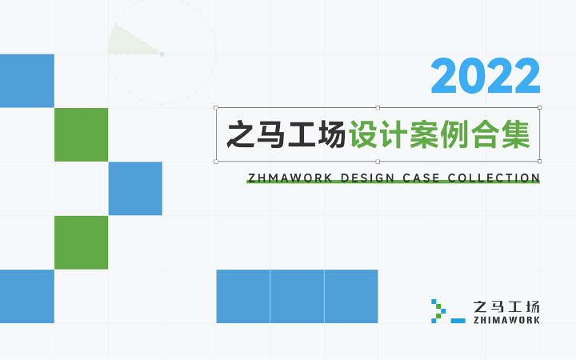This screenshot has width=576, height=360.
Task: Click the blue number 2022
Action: point(486,76)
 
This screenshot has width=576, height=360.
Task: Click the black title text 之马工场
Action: point(286,134)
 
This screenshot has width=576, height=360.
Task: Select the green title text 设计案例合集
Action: point(440,134)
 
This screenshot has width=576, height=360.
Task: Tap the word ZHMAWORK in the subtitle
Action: point(290,178)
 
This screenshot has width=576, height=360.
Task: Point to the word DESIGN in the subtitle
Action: point(368,178)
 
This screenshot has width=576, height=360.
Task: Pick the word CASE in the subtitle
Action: point(421,178)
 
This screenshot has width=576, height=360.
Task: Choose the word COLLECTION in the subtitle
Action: point(494,178)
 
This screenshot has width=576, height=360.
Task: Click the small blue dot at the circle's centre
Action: point(162,54)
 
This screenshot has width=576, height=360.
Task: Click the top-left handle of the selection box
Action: point(216,108)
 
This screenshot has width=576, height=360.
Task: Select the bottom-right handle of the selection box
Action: point(540,162)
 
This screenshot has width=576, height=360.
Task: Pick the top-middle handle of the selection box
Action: point(378,108)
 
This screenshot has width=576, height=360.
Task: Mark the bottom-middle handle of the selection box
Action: point(378,162)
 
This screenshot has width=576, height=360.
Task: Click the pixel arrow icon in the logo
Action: point(438,311)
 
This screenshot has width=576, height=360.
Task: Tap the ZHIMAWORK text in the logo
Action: point(506,320)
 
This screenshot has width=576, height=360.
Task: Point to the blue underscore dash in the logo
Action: point(458,321)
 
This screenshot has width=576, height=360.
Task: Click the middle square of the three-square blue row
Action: point(297,297)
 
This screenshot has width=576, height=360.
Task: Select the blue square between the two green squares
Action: point(135,189)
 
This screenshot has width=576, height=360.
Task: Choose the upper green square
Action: point(81,134)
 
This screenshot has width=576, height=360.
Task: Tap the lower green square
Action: point(81,242)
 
